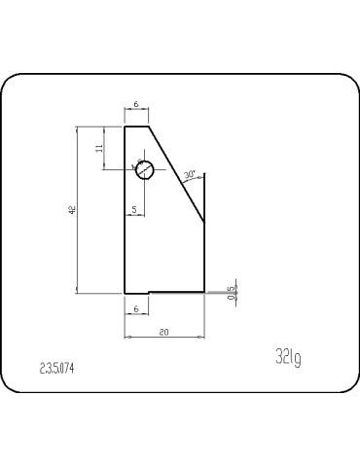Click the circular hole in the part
click(x=144, y=169)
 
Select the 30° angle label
click(x=190, y=175)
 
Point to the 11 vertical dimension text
click(x=99, y=147)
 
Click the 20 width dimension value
click(x=163, y=332)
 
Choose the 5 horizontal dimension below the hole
click(x=133, y=209)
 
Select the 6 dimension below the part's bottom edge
click(x=135, y=307)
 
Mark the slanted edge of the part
click(x=175, y=173)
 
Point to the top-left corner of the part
click(x=125, y=126)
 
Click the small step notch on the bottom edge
click(x=148, y=291)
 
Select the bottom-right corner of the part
click(x=204, y=290)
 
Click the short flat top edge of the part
click(x=136, y=126)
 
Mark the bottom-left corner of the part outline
click(x=125, y=292)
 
